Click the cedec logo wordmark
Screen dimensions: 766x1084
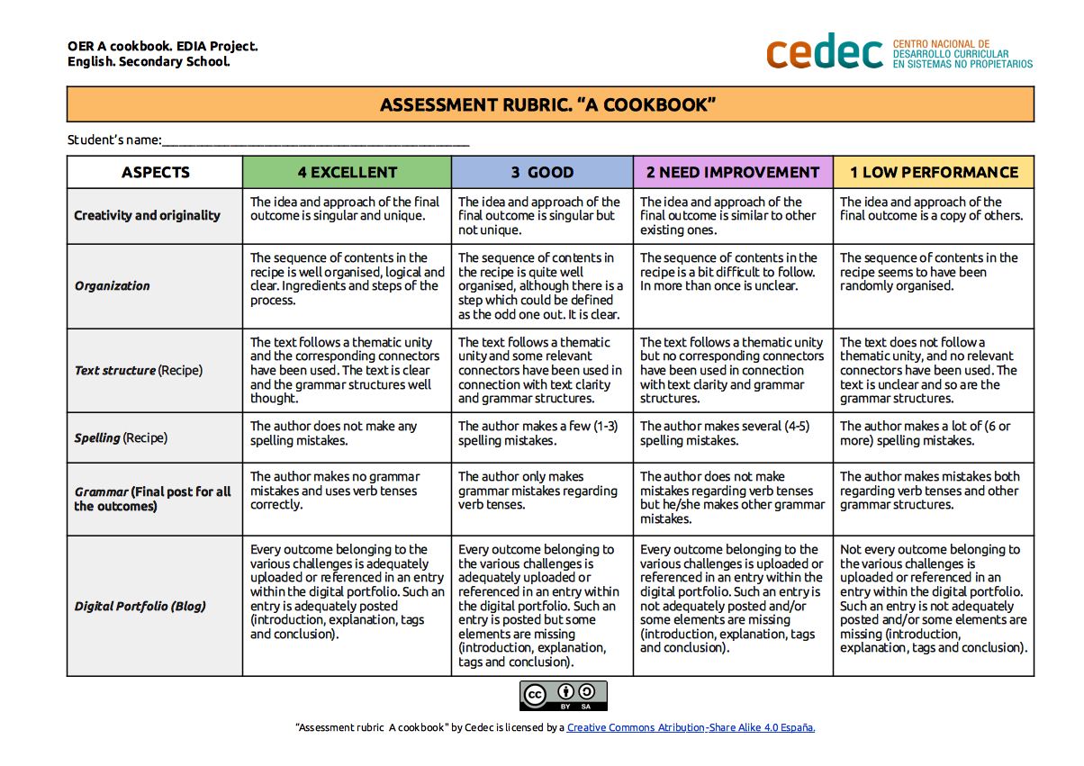point(824,52)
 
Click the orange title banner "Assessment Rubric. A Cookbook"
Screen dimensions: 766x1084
point(549,104)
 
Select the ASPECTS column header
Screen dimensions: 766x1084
point(155,172)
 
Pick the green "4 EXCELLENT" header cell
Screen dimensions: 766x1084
point(347,172)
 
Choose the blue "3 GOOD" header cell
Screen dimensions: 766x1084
point(542,172)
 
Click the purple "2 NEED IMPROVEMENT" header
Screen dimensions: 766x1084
point(733,172)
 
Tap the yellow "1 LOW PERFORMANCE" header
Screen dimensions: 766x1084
point(934,172)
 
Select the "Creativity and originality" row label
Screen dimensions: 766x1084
point(147,215)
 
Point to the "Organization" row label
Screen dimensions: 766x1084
point(113,285)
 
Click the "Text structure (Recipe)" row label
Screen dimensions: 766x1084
point(139,370)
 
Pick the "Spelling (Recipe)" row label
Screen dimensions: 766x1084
point(121,437)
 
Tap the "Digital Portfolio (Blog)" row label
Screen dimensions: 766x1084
point(140,606)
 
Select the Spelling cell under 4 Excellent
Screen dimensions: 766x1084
point(347,434)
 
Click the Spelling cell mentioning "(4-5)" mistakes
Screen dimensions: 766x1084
point(733,434)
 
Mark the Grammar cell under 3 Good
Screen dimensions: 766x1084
point(542,491)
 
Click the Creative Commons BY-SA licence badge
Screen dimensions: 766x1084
point(564,696)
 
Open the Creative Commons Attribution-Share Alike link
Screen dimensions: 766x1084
point(691,727)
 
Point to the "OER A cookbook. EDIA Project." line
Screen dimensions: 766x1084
point(163,46)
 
